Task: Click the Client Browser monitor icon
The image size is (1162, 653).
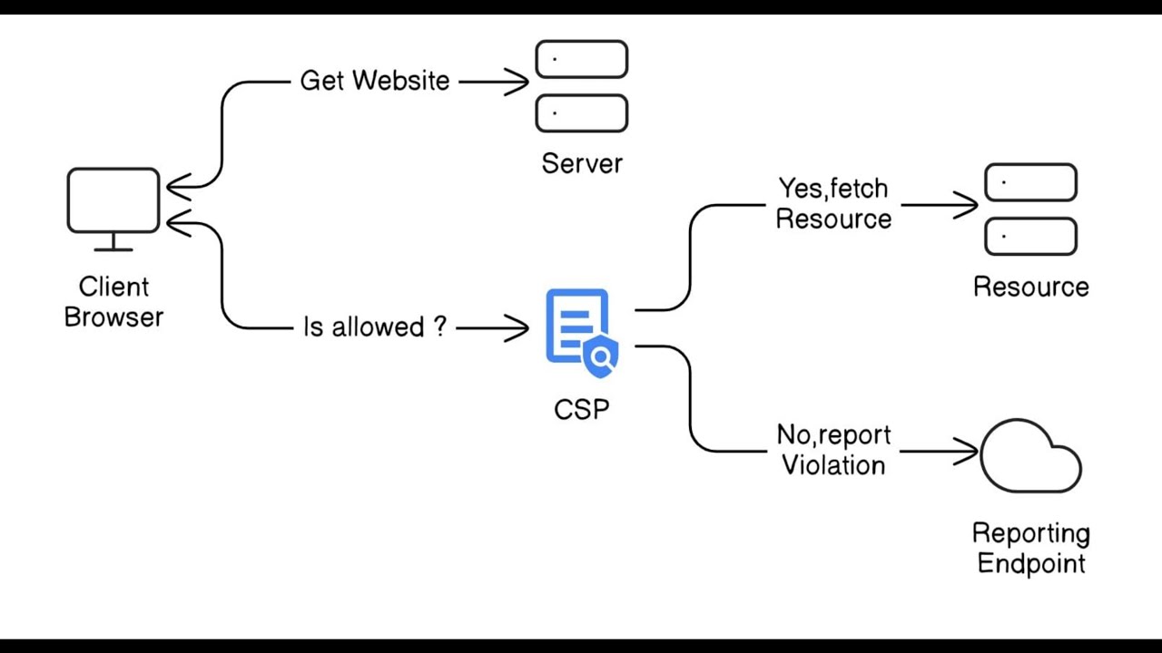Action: point(113,201)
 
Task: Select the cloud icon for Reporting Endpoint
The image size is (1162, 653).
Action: point(1030,458)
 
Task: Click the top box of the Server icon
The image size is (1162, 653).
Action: point(581,59)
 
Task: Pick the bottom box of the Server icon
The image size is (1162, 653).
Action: point(581,113)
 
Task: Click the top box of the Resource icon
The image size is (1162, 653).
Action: point(1030,182)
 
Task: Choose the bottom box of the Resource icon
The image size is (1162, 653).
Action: point(1030,237)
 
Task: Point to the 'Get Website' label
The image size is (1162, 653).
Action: point(375,81)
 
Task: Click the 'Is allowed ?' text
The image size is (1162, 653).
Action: point(375,326)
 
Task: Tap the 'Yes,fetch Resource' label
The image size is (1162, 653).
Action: point(833,203)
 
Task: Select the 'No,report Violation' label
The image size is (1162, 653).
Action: point(833,450)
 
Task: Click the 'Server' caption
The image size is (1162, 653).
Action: point(582,163)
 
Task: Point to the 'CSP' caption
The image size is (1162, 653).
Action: point(581,409)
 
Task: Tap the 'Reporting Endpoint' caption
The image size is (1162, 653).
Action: point(1030,548)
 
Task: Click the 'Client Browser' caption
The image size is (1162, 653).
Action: point(113,302)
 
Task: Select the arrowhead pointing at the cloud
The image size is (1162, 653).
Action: point(969,451)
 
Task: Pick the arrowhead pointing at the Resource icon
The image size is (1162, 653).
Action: point(969,205)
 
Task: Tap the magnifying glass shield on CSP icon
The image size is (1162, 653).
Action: point(600,357)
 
